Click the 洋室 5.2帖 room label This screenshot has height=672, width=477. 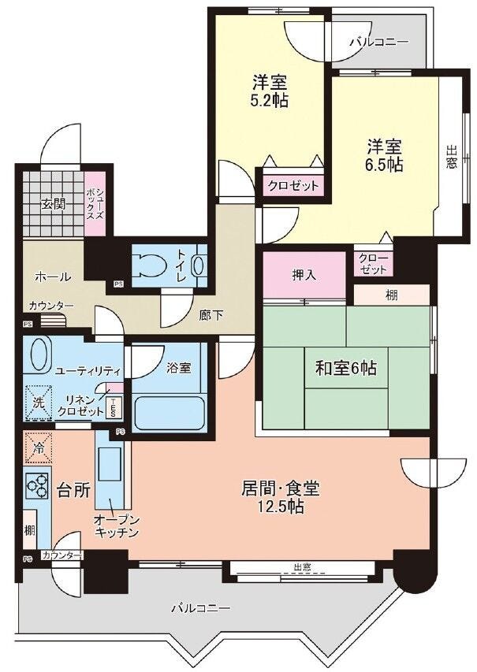click(x=270, y=91)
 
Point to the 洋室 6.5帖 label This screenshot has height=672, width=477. click(x=384, y=155)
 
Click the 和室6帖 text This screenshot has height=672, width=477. click(x=346, y=368)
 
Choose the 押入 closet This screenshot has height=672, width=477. click(x=304, y=274)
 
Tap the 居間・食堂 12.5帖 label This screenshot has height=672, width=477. click(x=281, y=497)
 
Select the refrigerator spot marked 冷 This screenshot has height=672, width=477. click(x=38, y=448)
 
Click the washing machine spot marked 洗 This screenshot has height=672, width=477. click(x=39, y=403)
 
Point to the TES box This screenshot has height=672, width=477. click(x=114, y=407)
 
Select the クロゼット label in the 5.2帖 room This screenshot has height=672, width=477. click(x=293, y=186)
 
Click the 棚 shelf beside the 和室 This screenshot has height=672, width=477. click(x=391, y=295)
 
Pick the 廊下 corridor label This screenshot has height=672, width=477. click(x=211, y=316)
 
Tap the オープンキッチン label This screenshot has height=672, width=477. click(x=116, y=526)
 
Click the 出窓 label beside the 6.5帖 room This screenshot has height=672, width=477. click(x=451, y=157)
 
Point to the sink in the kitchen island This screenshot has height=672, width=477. click(x=110, y=465)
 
